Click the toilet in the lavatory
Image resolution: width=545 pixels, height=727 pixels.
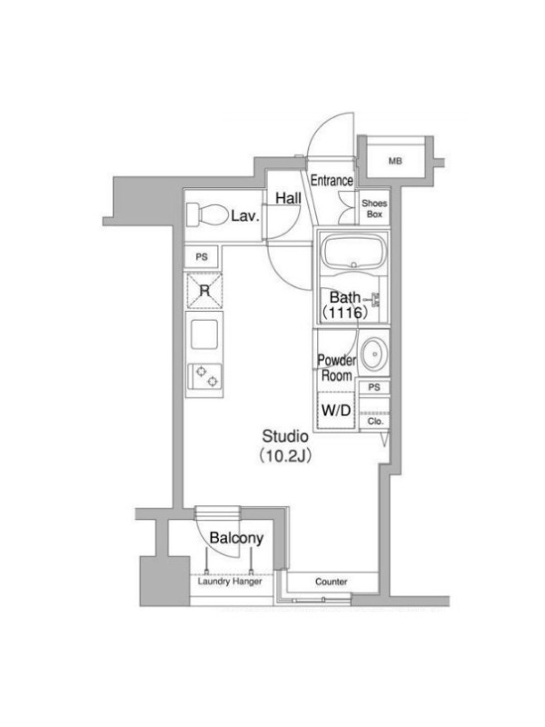tap(208, 215)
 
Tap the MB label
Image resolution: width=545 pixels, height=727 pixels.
tap(395, 161)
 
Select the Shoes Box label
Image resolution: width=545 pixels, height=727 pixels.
tap(374, 209)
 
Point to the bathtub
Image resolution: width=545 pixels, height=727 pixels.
tap(354, 252)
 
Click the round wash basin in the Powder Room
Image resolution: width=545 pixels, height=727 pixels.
tap(374, 354)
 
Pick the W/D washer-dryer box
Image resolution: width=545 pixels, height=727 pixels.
tap(336, 410)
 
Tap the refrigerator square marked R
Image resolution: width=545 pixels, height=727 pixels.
tap(204, 291)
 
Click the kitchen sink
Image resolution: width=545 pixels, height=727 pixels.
tap(204, 334)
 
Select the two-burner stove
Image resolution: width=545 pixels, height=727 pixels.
tap(204, 376)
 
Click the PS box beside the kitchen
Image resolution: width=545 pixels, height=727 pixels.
tap(202, 257)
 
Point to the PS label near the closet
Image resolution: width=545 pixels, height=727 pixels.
tap(374, 387)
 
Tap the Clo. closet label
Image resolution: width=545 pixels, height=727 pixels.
tap(375, 422)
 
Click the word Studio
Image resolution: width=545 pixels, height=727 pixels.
tap(285, 436)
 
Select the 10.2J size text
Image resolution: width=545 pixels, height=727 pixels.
tap(285, 456)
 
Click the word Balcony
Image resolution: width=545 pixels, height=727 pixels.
tap(236, 538)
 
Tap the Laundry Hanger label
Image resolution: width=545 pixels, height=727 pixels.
tap(230, 581)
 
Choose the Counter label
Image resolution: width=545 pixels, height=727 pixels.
tap(332, 582)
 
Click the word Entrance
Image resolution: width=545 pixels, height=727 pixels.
tap(332, 180)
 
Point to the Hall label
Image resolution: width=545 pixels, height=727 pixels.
tap(288, 198)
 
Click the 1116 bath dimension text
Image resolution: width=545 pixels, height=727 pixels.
tap(346, 313)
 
